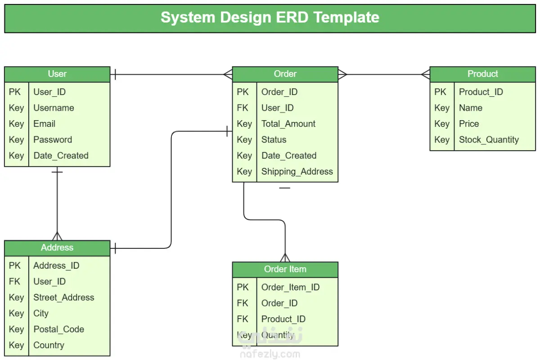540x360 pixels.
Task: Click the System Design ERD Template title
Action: pyautogui.click(x=270, y=18)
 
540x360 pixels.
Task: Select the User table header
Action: pyautogui.click(x=57, y=74)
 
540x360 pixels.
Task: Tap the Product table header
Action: pyautogui.click(x=482, y=74)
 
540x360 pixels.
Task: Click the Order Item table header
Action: pyautogui.click(x=285, y=270)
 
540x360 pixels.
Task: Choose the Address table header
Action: pyautogui.click(x=57, y=247)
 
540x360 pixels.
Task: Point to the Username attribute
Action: pyautogui.click(x=54, y=108)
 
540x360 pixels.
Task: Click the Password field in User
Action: pyautogui.click(x=53, y=139)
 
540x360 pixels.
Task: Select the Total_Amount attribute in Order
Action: pyautogui.click(x=288, y=124)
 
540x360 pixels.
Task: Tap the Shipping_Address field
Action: pyautogui.click(x=297, y=172)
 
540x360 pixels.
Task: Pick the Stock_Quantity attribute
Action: pyautogui.click(x=489, y=140)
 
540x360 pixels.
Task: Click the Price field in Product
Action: pyautogui.click(x=469, y=124)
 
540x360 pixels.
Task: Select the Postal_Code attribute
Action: pyautogui.click(x=59, y=329)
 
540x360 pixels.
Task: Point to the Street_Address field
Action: pyautogui.click(x=64, y=297)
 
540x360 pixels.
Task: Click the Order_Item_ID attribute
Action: pyautogui.click(x=291, y=288)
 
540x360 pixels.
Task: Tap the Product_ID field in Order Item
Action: pyautogui.click(x=283, y=319)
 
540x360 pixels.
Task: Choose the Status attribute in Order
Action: pyautogui.click(x=274, y=139)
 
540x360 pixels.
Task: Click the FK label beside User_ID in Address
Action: pyautogui.click(x=14, y=281)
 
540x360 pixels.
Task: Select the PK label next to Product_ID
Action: pyautogui.click(x=440, y=92)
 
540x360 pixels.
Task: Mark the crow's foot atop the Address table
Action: pyautogui.click(x=57, y=236)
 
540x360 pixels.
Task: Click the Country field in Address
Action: pyautogui.click(x=49, y=345)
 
